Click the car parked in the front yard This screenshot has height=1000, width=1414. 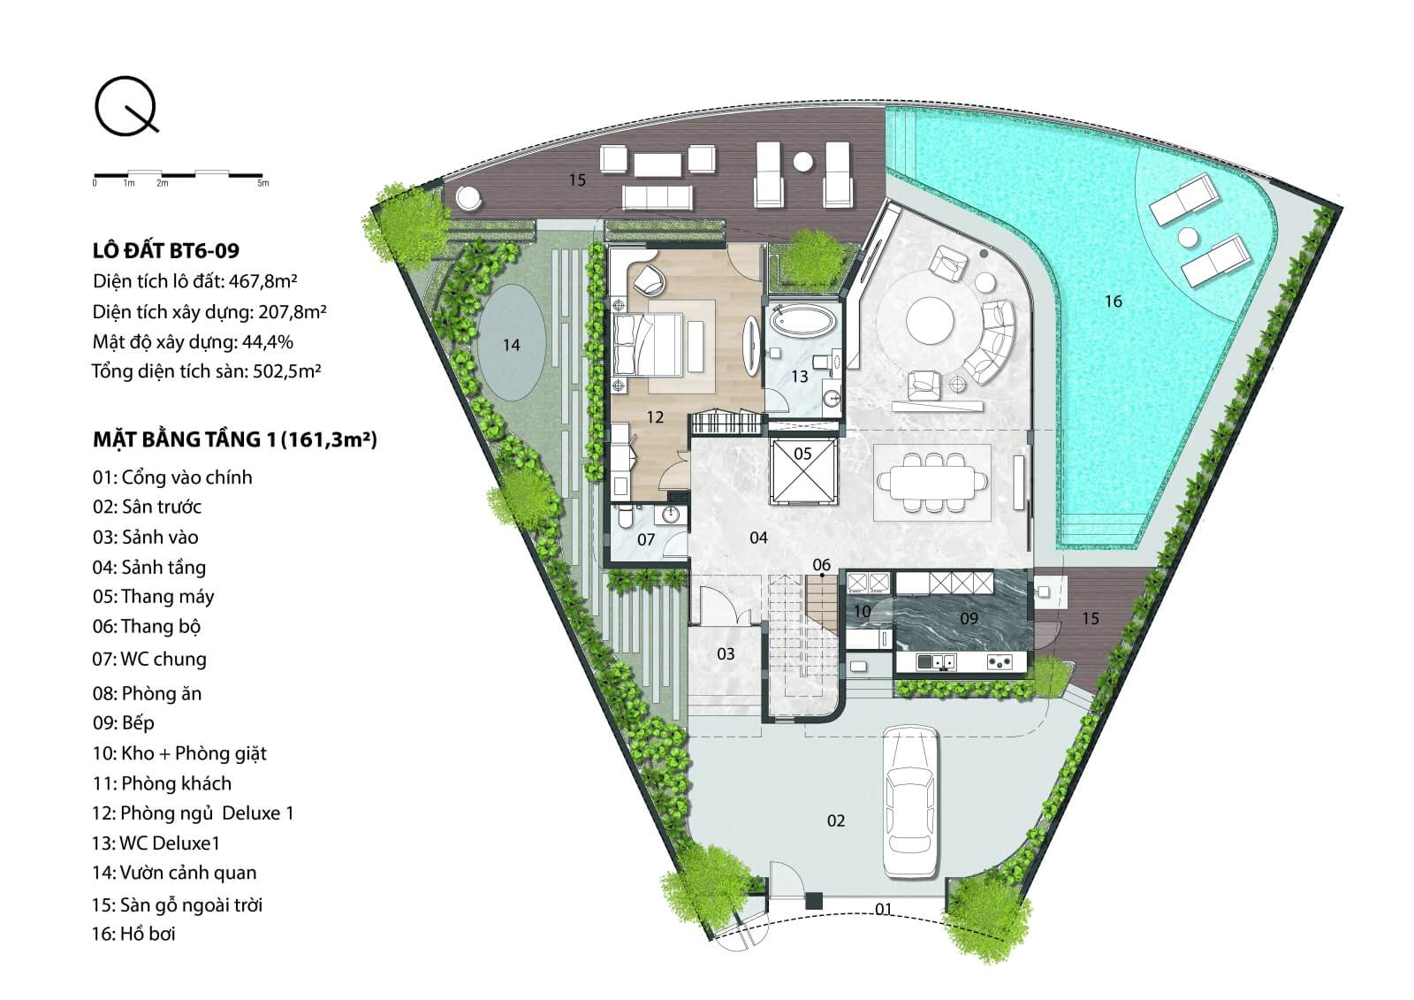[909, 802]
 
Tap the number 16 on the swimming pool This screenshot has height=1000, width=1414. [1114, 302]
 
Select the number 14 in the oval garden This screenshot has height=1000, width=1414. [512, 345]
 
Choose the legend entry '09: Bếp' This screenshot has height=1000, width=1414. [123, 722]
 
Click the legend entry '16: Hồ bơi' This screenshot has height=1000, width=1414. [133, 933]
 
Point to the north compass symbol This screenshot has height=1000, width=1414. [126, 106]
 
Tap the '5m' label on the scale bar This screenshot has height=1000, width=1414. [263, 183]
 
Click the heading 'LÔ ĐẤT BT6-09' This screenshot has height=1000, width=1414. [166, 251]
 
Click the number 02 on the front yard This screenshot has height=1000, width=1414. [836, 821]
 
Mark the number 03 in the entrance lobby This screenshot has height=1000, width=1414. [726, 653]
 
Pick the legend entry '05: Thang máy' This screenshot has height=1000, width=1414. [154, 597]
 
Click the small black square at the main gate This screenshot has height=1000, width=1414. [814, 900]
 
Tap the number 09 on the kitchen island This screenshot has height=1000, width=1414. [969, 618]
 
